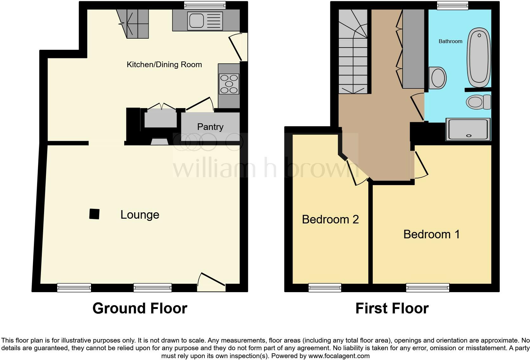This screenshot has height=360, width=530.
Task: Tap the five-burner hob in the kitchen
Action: click(229, 84)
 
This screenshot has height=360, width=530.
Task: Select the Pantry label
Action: click(210, 127)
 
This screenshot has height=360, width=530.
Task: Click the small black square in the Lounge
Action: click(94, 214)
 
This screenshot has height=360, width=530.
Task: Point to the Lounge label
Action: click(140, 215)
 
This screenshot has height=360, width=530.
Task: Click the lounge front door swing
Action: click(211, 280)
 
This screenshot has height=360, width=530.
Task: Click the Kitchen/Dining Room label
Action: click(164, 65)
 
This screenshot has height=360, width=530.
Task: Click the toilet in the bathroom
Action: click(478, 102)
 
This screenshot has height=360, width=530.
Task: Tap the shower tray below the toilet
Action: click(468, 129)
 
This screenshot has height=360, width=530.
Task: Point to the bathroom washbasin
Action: click(438, 78)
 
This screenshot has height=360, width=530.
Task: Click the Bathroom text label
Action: click(450, 41)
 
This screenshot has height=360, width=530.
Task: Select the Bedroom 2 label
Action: click(330, 219)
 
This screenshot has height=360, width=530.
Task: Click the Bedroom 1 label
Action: click(431, 234)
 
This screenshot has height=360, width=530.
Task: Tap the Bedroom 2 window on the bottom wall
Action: click(325, 287)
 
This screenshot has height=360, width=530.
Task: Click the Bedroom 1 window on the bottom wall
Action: click(428, 287)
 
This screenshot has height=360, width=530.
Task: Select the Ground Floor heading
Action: click(140, 308)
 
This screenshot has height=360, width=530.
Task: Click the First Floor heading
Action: click(392, 308)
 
